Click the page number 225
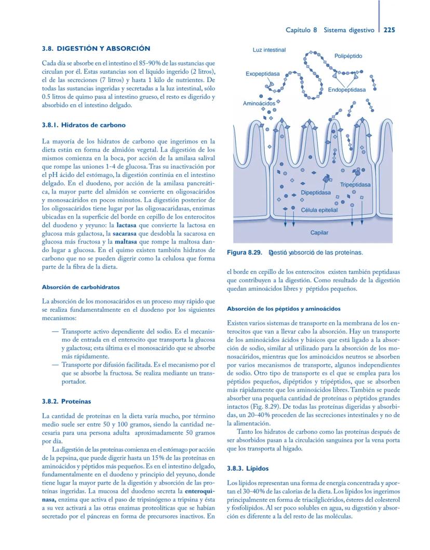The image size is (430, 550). coord(389,30)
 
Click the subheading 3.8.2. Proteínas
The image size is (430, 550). coord(66,401)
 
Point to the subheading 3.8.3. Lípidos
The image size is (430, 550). coord(248,469)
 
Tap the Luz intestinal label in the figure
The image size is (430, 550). coord(269,50)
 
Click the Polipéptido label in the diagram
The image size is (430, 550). coord(348,56)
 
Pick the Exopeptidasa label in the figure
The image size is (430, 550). coord(262,74)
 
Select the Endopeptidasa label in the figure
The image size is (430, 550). coord(346,90)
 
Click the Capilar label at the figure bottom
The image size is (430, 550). coord(319,233)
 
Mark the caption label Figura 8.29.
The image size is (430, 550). coord(244,253)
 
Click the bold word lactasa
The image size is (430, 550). coord(126,226)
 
